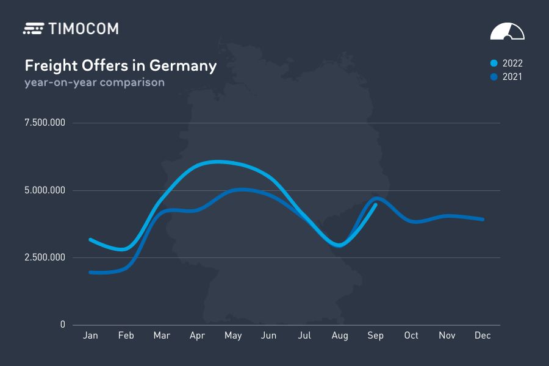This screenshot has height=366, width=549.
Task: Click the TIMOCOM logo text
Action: click(83, 28)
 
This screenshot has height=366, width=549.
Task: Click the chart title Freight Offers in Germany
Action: click(120, 65)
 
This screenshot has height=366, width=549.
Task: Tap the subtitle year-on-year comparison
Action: click(94, 82)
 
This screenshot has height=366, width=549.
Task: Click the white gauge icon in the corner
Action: click(507, 32)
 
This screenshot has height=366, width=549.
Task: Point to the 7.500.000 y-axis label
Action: click(45, 123)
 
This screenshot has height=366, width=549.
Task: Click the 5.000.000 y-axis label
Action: click(45, 190)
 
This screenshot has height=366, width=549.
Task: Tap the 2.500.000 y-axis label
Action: click(45, 257)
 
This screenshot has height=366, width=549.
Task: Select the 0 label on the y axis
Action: click(62, 325)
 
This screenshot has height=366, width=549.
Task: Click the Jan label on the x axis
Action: click(90, 335)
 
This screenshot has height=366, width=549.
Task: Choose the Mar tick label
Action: click(162, 335)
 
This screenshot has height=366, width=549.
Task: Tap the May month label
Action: click(233, 335)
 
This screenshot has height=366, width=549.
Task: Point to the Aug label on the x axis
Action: click(340, 335)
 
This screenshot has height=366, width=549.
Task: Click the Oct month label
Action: click(411, 335)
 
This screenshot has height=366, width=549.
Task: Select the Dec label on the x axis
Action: click(483, 335)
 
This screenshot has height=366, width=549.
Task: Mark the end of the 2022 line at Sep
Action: click(375, 205)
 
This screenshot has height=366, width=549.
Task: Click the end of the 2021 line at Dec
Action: click(483, 219)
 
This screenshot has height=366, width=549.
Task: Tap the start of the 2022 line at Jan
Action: click(90, 240)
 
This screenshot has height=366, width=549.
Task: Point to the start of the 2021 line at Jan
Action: click(90, 272)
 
